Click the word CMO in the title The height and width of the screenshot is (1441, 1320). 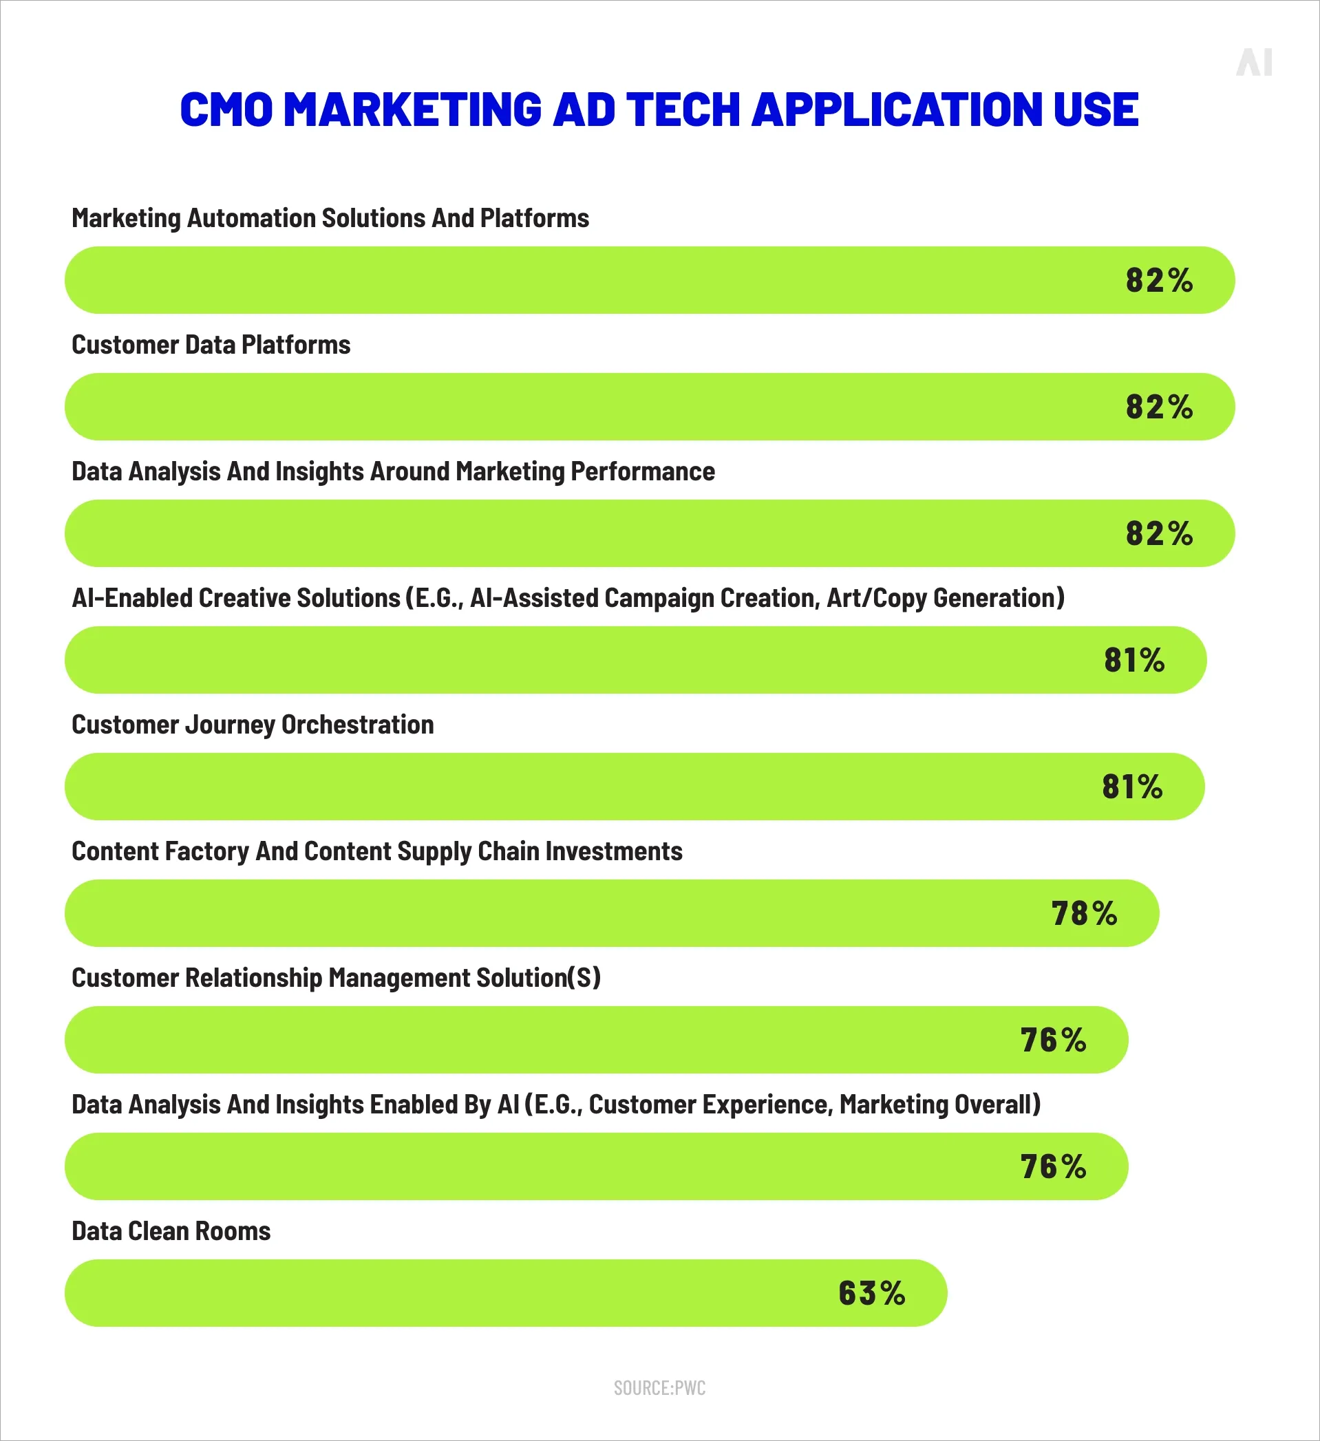tap(226, 110)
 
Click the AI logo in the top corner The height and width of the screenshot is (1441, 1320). tap(1254, 63)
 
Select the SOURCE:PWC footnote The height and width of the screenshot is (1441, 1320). tap(659, 1388)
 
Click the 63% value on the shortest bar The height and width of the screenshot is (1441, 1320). tap(871, 1293)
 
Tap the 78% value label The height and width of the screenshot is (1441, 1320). tap(1083, 913)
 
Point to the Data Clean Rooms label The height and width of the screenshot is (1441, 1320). tap(171, 1231)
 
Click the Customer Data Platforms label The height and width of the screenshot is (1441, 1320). tap(211, 345)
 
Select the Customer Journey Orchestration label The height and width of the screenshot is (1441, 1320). tap(253, 724)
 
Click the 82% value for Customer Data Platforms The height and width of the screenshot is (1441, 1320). tap(1158, 407)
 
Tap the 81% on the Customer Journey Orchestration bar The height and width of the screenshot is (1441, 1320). tap(1132, 787)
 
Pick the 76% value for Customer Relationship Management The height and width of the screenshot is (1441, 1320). tap(1053, 1040)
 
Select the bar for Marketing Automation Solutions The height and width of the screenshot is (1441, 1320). tap(572, 280)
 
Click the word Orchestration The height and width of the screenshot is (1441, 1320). tap(357, 724)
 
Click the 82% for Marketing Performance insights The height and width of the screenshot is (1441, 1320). tap(1158, 533)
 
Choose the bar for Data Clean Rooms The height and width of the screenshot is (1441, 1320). tap(429, 1293)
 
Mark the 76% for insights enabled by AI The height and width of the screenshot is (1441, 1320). tap(1053, 1166)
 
